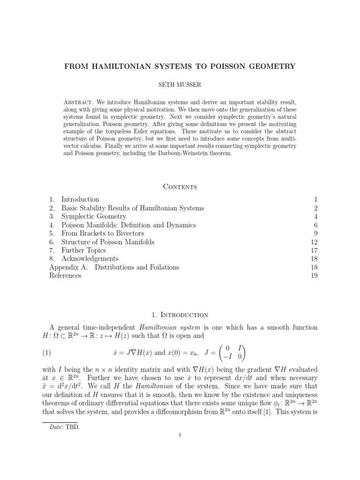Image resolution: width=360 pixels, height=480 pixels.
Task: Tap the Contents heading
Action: click(180, 187)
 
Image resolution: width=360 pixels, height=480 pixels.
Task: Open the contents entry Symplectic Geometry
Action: click(94, 217)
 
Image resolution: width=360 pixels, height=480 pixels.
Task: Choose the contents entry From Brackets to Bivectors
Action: click(103, 233)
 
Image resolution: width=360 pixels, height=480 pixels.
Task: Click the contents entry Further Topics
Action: click(83, 250)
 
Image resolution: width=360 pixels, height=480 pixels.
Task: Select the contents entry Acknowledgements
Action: click(90, 259)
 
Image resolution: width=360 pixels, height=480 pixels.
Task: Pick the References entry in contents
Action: click(65, 276)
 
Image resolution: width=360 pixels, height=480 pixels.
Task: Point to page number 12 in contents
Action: click(314, 242)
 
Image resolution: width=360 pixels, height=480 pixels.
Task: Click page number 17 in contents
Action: click(314, 250)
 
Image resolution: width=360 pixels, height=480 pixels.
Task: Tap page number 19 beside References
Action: click(314, 276)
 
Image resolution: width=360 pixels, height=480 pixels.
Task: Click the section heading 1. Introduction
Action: click(180, 315)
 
